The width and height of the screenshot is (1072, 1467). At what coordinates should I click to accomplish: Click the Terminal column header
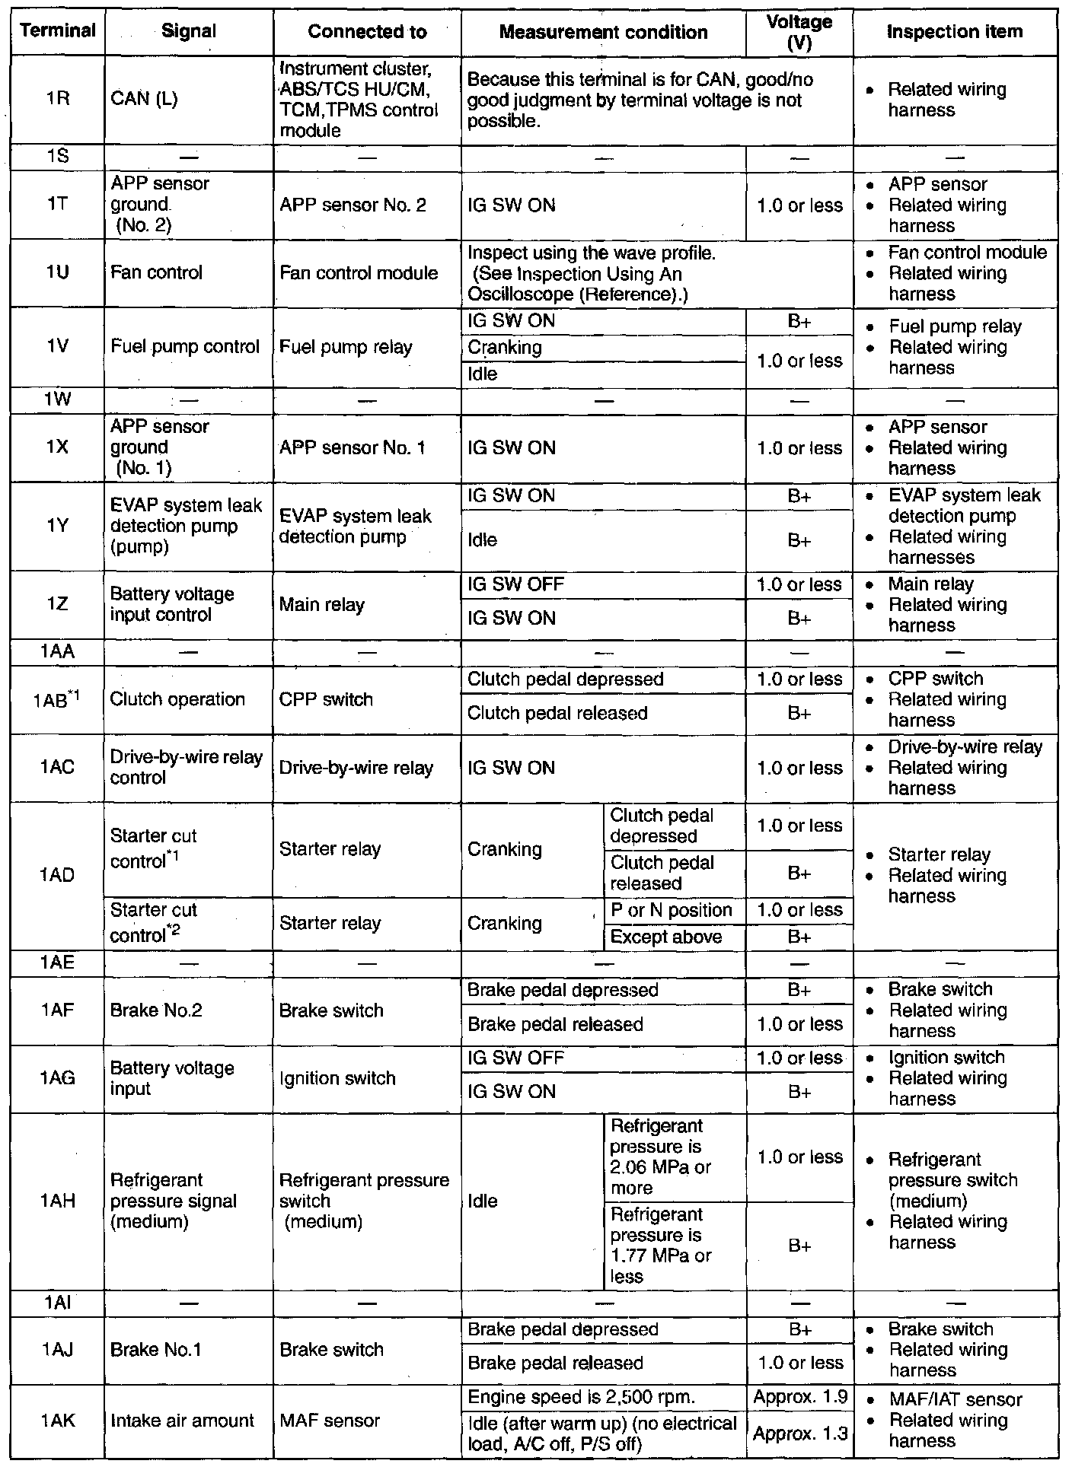(x=58, y=31)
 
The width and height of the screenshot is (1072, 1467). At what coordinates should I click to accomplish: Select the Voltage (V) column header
(x=799, y=32)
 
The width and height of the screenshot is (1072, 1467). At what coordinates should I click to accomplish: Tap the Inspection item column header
(x=955, y=31)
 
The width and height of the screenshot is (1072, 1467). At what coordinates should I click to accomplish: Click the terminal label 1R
(x=58, y=99)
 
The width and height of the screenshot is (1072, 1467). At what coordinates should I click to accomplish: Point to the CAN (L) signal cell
(x=144, y=100)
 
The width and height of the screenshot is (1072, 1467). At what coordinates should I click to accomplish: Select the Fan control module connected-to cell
(x=359, y=273)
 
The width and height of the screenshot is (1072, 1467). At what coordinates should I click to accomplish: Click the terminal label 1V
(x=58, y=347)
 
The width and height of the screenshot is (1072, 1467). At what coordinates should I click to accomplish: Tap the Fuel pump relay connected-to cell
(x=346, y=348)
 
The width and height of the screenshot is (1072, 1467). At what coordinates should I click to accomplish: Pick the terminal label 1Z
(x=58, y=605)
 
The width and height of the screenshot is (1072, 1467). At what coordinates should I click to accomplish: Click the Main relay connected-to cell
(x=322, y=605)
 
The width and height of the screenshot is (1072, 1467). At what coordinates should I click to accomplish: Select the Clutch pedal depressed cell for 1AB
(x=565, y=679)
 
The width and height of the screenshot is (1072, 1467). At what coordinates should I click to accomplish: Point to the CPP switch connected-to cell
(x=326, y=699)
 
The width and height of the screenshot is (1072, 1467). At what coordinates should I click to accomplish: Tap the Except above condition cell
(x=666, y=937)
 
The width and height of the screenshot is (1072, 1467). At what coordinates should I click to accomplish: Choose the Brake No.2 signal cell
(x=156, y=1010)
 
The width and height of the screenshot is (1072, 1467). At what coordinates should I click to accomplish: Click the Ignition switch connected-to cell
(x=337, y=1078)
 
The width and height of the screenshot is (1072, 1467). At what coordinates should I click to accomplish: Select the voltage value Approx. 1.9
(x=799, y=1397)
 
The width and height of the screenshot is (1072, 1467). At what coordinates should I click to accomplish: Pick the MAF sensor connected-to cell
(x=330, y=1421)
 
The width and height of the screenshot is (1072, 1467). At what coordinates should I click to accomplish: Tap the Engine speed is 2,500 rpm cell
(x=581, y=1397)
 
